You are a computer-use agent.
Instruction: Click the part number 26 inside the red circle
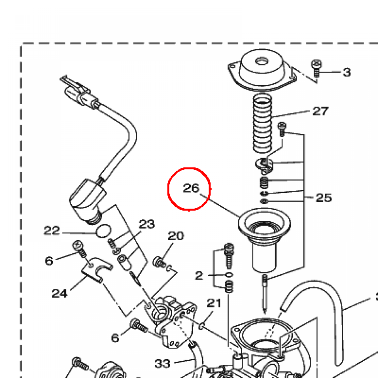[x=191, y=188]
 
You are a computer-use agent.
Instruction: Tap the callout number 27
[x=320, y=111]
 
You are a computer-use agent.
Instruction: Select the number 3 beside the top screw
[x=346, y=72]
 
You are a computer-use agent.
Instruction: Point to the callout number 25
[x=323, y=198]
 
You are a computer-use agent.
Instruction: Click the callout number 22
[x=52, y=231]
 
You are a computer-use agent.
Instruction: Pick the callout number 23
[x=147, y=224]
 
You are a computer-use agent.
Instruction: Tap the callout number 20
[x=176, y=236]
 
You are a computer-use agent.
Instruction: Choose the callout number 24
[x=59, y=293]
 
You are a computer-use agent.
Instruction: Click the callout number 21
[x=214, y=303]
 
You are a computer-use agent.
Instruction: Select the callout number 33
[x=163, y=364]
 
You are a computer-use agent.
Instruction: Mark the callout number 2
[x=199, y=275]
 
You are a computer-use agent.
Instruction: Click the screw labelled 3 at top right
[x=316, y=68]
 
